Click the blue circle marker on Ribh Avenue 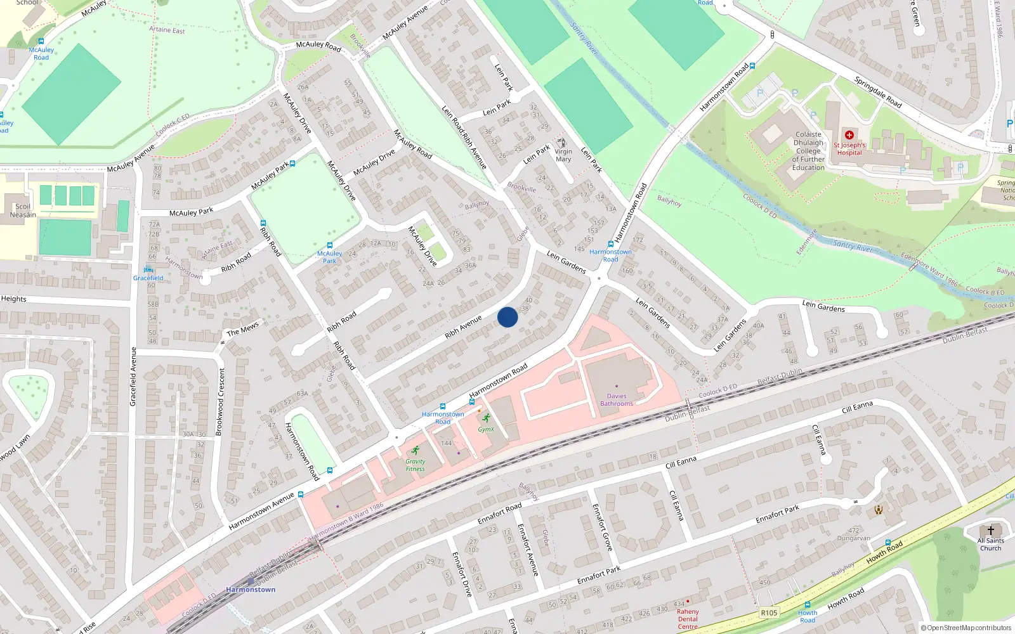tap(507, 317)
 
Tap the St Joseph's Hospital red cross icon tap(849, 135)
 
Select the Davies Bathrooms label tap(617, 400)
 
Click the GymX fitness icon tap(487, 418)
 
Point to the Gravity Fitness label tap(416, 465)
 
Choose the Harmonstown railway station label tap(251, 590)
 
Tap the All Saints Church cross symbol tap(990, 530)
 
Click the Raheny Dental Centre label tap(688, 619)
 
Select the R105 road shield tap(769, 613)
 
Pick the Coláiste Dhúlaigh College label tap(808, 151)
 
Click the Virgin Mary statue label tap(563, 155)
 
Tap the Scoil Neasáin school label tap(23, 210)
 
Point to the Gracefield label tap(148, 278)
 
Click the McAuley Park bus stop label tap(329, 257)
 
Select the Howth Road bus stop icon tap(807, 605)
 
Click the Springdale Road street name tap(877, 92)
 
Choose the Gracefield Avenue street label tap(133, 377)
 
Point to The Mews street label tap(243, 328)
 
